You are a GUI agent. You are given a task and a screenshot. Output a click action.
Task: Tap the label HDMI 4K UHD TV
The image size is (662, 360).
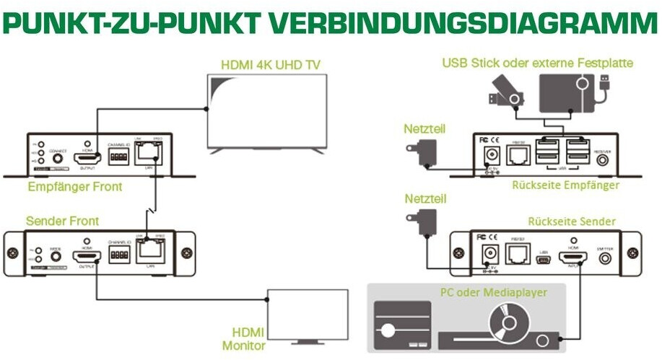pos(270,65)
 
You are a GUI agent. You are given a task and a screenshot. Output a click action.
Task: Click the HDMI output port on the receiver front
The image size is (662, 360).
pos(87,157)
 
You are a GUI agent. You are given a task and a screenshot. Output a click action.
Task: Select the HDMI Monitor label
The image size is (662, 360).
pos(247,338)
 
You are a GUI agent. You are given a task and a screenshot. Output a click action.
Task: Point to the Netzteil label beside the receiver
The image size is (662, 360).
pos(425,129)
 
